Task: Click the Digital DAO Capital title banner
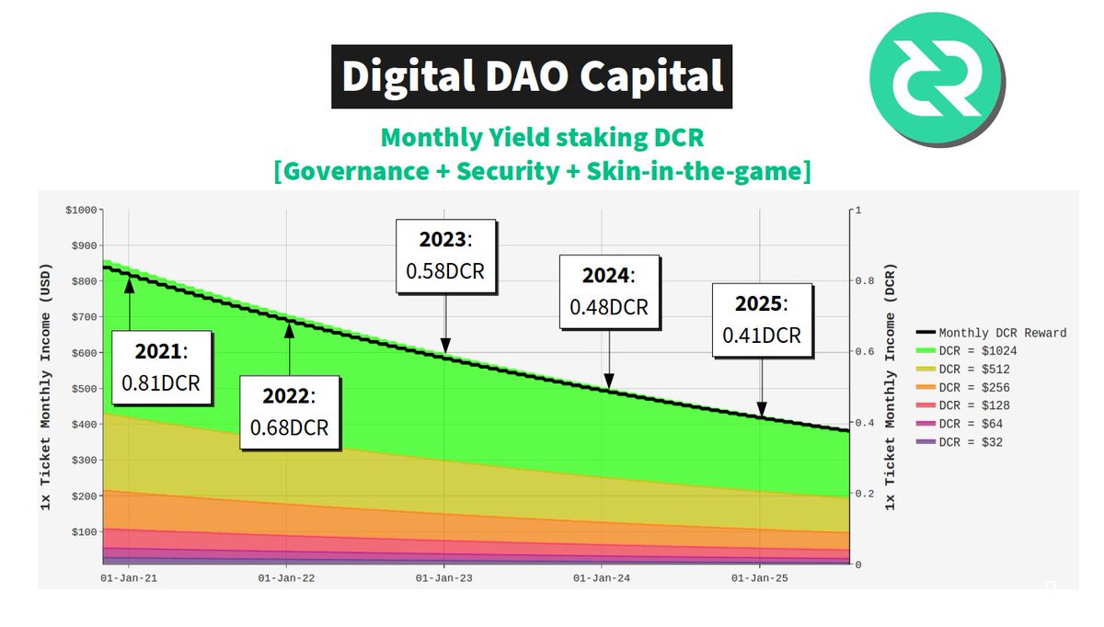pyautogui.click(x=533, y=76)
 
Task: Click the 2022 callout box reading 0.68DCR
pyautogui.click(x=289, y=412)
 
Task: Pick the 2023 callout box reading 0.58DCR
pyautogui.click(x=445, y=256)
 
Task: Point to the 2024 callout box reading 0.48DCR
pyautogui.click(x=608, y=291)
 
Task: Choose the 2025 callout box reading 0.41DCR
pyautogui.click(x=761, y=319)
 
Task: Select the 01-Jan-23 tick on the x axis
pyautogui.click(x=444, y=577)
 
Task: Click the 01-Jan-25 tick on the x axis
pyautogui.click(x=759, y=577)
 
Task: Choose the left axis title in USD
pyautogui.click(x=48, y=387)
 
